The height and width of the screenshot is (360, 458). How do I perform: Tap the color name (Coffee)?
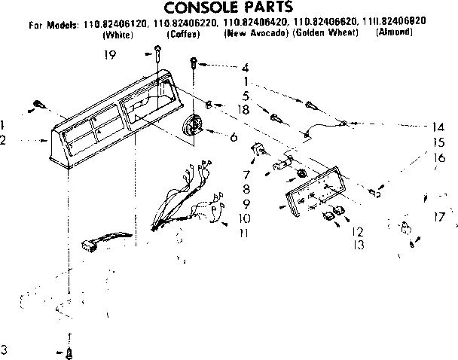point(183,35)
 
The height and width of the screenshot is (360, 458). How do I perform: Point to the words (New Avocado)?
point(257,35)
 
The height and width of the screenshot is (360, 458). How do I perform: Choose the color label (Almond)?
point(392,35)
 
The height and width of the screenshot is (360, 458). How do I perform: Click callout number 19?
point(109,53)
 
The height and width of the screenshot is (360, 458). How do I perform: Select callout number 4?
point(245,67)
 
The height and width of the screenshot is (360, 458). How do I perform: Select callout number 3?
point(5,349)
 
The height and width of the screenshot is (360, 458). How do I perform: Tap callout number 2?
point(5,141)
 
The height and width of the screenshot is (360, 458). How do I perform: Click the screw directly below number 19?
point(157,52)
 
